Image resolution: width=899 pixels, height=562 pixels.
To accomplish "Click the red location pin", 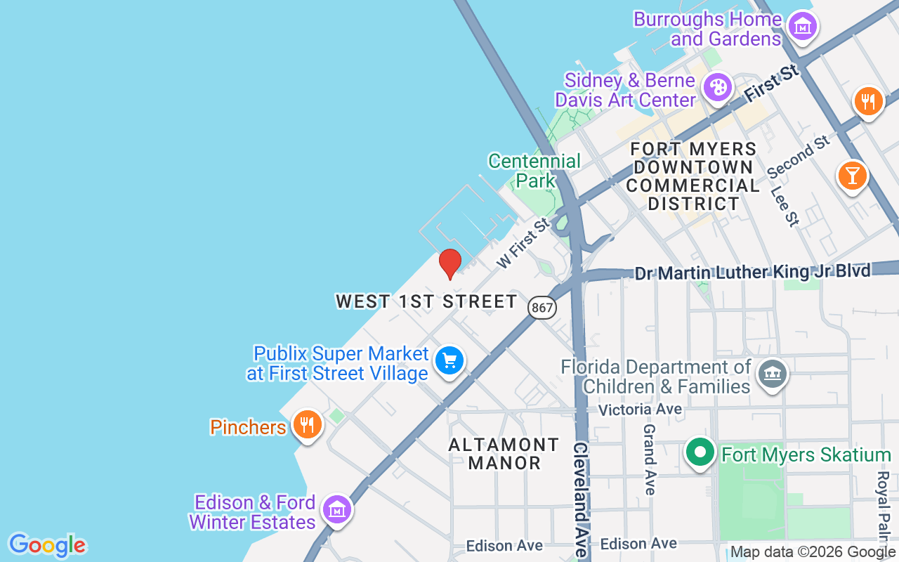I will [450, 263].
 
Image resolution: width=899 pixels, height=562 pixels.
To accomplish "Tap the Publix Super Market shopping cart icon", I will [449, 361].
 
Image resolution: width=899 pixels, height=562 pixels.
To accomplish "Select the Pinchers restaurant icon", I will [307, 424].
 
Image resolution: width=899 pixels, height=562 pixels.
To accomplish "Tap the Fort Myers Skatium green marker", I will [700, 452].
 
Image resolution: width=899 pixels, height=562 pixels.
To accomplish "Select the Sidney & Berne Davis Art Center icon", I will [718, 88].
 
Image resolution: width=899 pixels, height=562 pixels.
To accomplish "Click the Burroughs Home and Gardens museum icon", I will [801, 27].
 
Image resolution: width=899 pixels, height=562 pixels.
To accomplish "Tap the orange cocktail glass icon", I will [852, 175].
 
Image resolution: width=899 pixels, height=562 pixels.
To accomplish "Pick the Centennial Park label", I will [534, 171].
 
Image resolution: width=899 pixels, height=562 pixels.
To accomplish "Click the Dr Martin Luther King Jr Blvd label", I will [752, 272].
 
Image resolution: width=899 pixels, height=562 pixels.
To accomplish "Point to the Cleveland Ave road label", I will [581, 499].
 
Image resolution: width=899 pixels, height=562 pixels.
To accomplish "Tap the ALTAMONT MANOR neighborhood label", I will [504, 454].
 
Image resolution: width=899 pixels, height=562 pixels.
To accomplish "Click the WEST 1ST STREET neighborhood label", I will [426, 302].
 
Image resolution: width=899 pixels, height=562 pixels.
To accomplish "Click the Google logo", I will [47, 545].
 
